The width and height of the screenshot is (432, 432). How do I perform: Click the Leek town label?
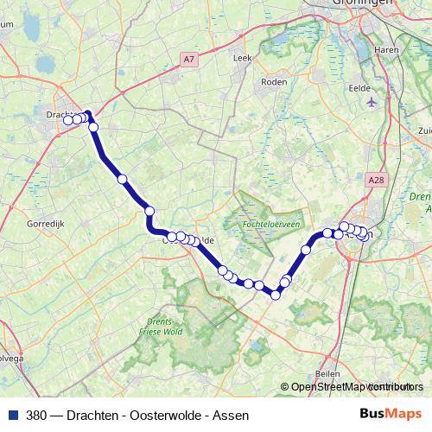point(242,58)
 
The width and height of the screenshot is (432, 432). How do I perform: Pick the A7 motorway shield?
point(189,59)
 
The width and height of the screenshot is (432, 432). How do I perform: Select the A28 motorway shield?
point(374,180)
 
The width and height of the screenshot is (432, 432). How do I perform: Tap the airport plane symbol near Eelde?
point(372,102)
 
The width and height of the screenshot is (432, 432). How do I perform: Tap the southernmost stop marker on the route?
point(276,295)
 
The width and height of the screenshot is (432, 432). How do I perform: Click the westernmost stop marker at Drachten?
point(68,120)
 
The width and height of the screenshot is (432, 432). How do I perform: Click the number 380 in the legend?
point(37,414)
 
